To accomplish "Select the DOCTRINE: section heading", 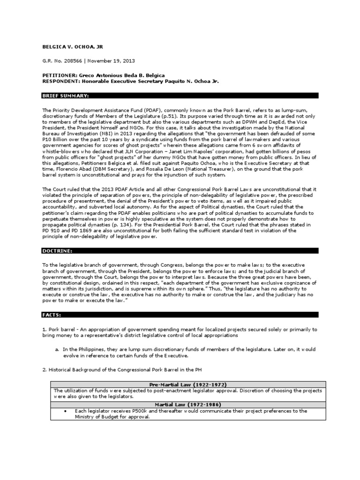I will click(x=57, y=251).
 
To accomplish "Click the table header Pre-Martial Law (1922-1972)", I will click(x=184, y=384).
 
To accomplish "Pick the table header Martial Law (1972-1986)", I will click(x=184, y=405).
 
